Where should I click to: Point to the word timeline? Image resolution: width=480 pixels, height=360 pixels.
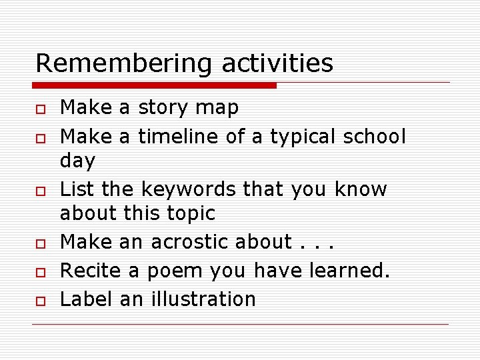[178, 136]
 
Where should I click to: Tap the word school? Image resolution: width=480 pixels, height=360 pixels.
[374, 136]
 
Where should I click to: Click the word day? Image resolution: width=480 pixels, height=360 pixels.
[77, 161]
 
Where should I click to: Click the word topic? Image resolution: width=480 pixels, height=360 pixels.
[192, 213]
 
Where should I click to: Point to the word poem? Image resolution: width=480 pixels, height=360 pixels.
[175, 271]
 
